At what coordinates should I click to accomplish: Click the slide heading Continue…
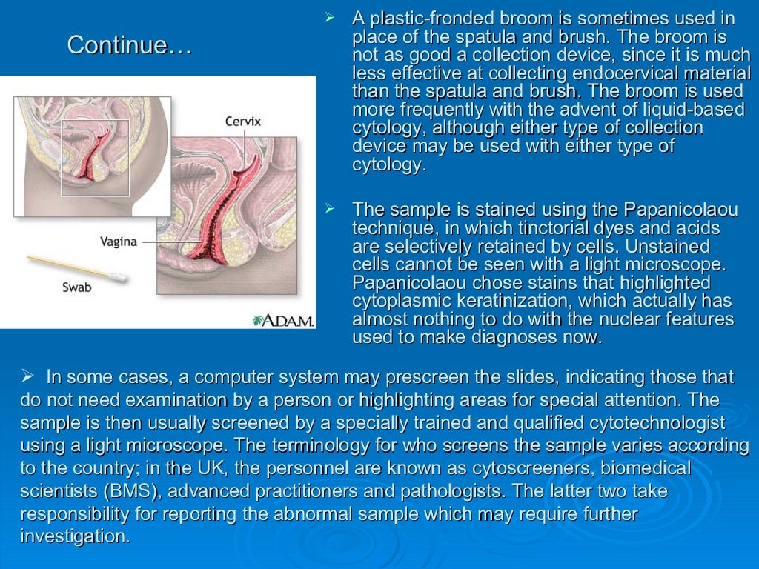[x=130, y=46]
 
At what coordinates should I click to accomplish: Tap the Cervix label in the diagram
[x=243, y=121]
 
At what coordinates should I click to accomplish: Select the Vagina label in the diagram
[x=119, y=241]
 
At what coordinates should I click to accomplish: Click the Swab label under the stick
[x=76, y=286]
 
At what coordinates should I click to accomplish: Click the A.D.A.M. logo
[x=284, y=320]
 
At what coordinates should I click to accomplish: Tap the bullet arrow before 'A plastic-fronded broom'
[x=331, y=17]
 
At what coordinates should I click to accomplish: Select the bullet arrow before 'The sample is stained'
[x=331, y=209]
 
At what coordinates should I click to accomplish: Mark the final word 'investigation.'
[x=75, y=537]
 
